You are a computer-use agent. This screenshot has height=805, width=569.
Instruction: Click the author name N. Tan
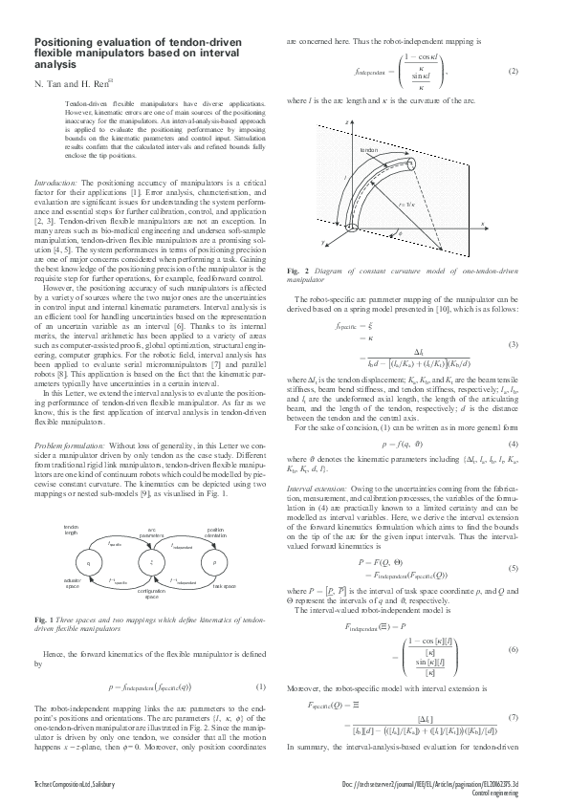click(x=49, y=84)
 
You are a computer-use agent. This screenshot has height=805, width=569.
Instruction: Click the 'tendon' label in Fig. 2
click(x=368, y=151)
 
